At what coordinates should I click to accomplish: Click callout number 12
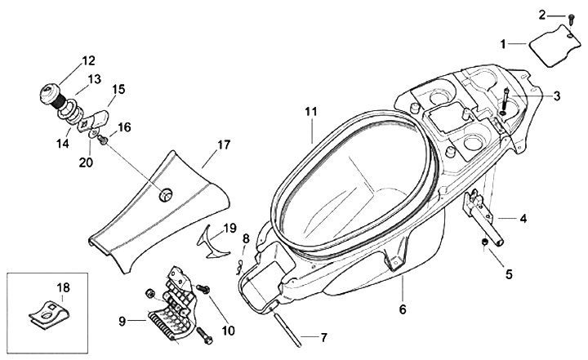click(x=88, y=60)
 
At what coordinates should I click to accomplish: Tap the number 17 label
click(x=224, y=144)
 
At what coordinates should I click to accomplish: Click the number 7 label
click(x=323, y=337)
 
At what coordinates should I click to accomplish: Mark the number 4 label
click(x=523, y=218)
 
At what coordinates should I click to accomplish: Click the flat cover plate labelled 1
click(x=550, y=41)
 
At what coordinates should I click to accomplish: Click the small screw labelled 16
click(x=102, y=141)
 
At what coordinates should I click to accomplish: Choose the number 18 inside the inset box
click(x=63, y=287)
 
